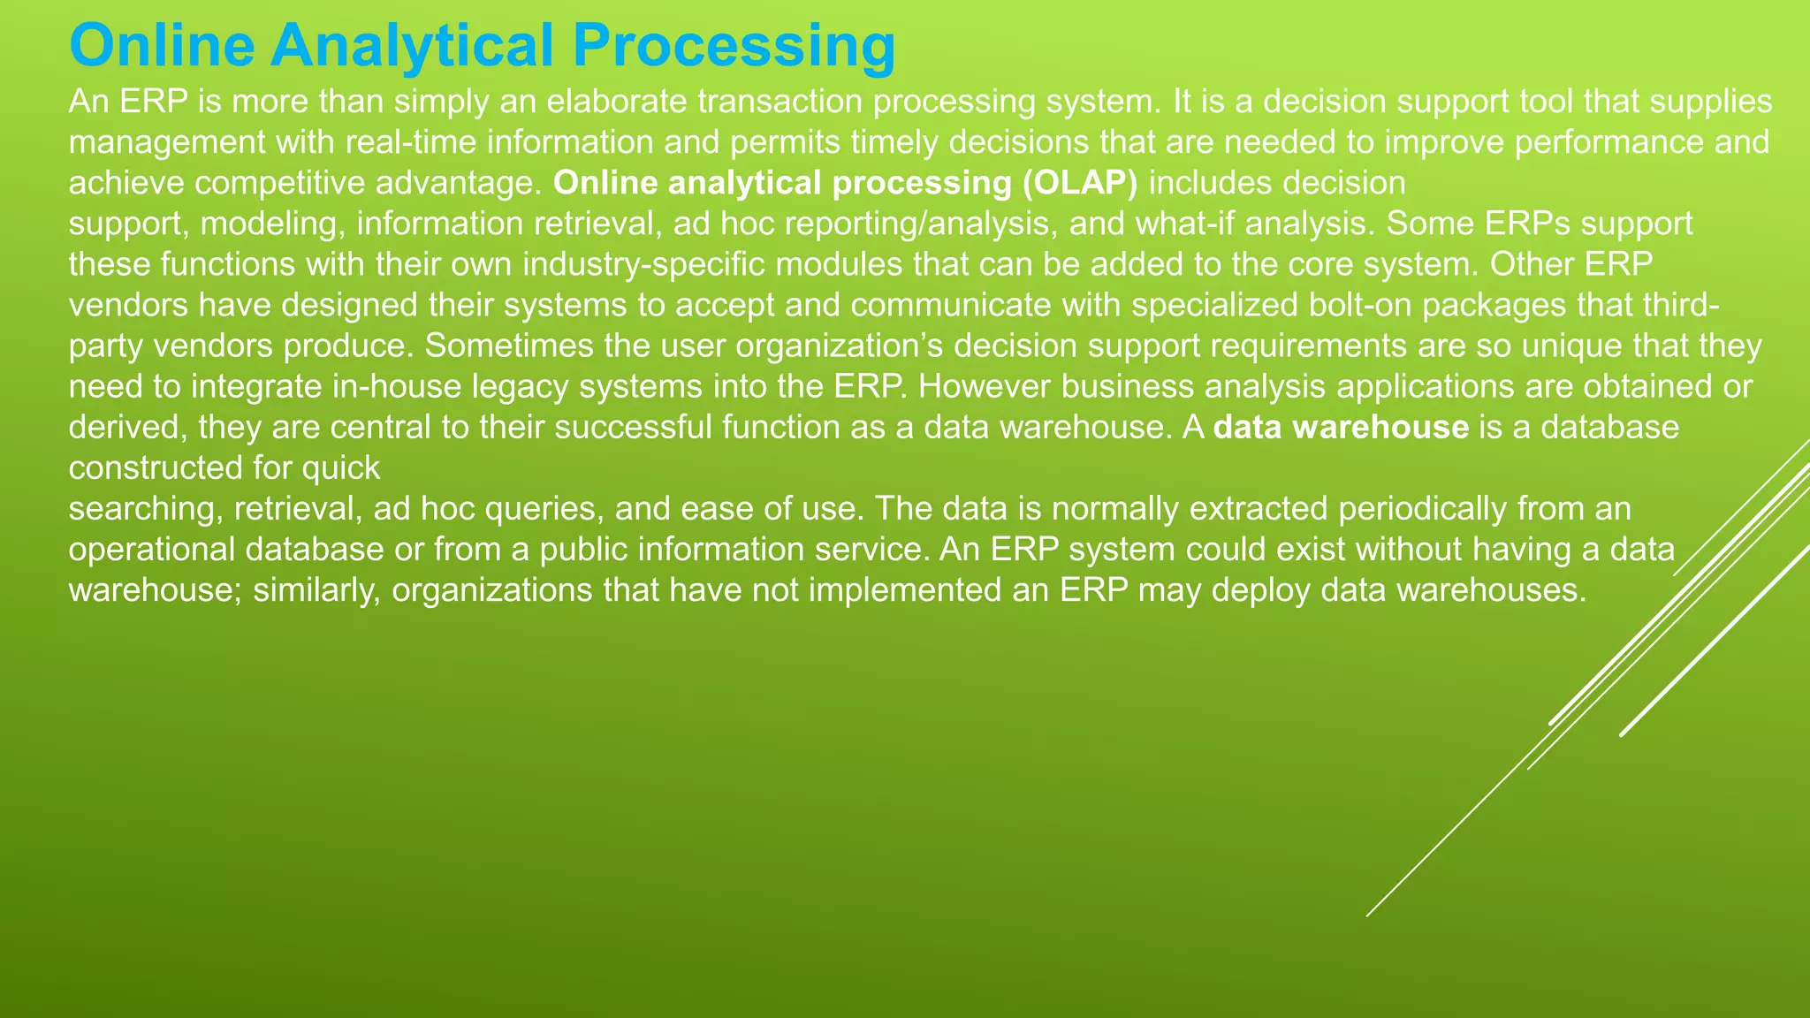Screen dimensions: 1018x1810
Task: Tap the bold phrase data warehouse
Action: point(1341,427)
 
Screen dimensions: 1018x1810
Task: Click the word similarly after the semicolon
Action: point(316,590)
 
